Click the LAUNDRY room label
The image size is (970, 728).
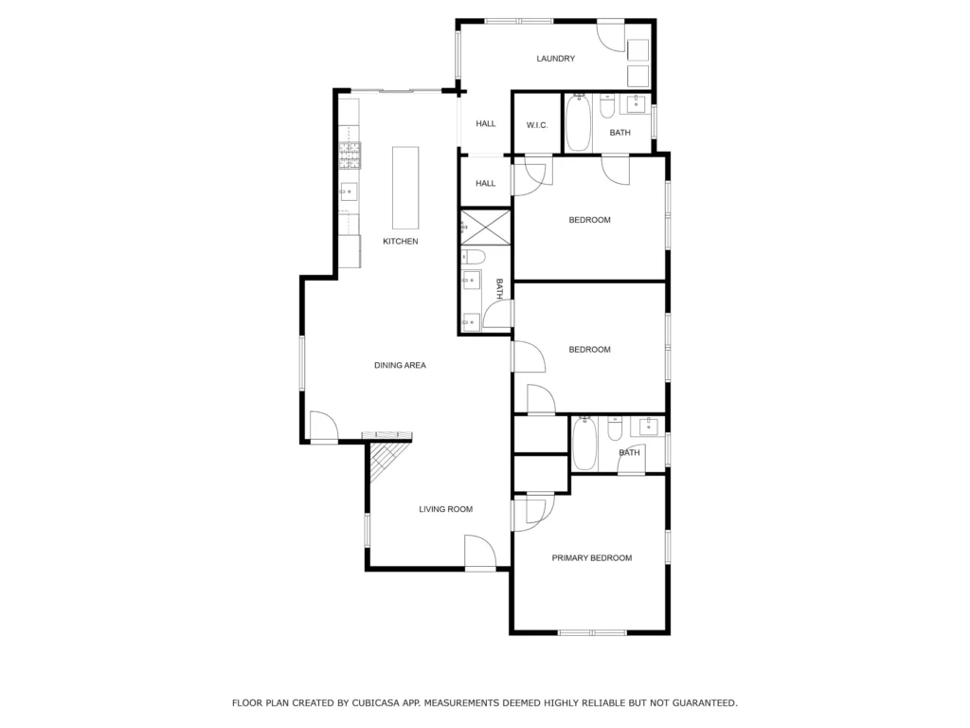point(555,59)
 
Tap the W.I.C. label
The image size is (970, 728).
point(537,125)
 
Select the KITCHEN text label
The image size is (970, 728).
point(401,242)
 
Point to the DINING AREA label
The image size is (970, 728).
point(400,365)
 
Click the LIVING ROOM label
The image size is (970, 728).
point(445,509)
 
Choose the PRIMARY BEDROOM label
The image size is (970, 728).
point(591,557)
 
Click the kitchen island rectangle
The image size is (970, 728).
point(405,189)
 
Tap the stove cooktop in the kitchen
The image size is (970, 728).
point(350,155)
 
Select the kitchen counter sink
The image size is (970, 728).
point(349,191)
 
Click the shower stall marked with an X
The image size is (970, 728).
point(486,227)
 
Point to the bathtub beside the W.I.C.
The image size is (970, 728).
point(579,122)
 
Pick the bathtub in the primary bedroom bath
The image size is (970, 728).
point(584,444)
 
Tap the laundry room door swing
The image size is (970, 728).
point(610,37)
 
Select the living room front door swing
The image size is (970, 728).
point(480,551)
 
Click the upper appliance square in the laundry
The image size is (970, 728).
point(638,49)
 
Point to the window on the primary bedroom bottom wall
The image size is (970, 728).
point(593,632)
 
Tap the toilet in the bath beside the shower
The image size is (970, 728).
point(476,257)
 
